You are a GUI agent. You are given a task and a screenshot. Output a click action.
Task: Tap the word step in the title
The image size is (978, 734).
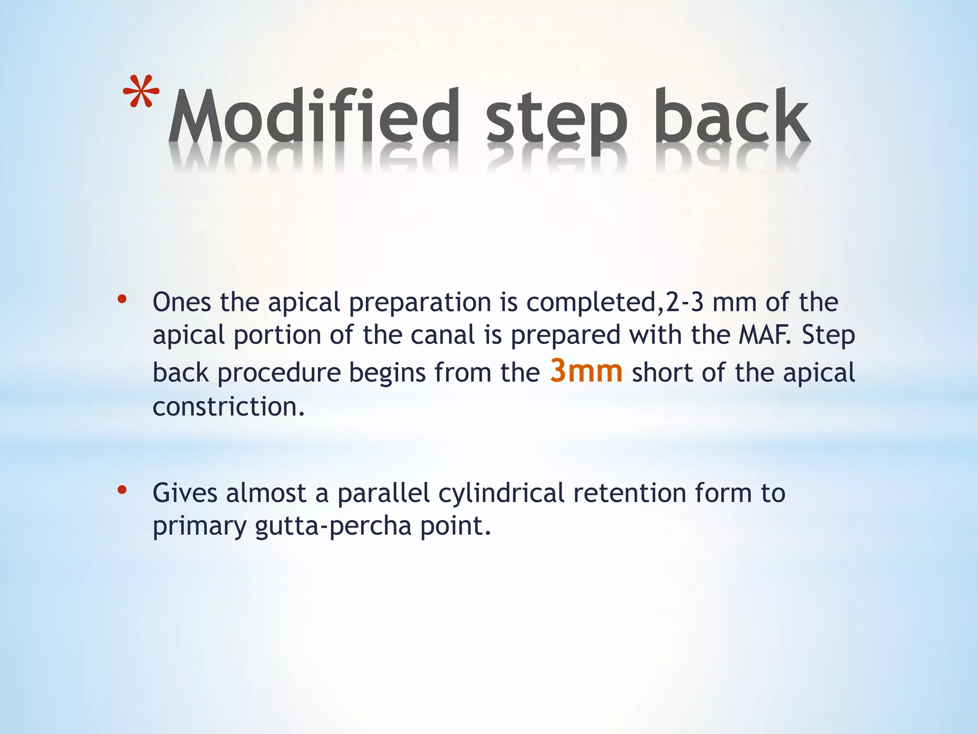(556, 119)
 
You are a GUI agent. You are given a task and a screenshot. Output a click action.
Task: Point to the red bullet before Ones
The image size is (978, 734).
(122, 300)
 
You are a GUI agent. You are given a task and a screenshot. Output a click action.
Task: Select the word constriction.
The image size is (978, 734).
(228, 407)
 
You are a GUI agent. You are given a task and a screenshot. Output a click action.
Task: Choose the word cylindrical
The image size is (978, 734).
(501, 493)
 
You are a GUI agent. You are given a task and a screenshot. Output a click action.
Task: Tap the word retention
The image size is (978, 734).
(630, 493)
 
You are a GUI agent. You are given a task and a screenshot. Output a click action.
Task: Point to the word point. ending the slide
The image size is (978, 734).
(456, 527)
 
